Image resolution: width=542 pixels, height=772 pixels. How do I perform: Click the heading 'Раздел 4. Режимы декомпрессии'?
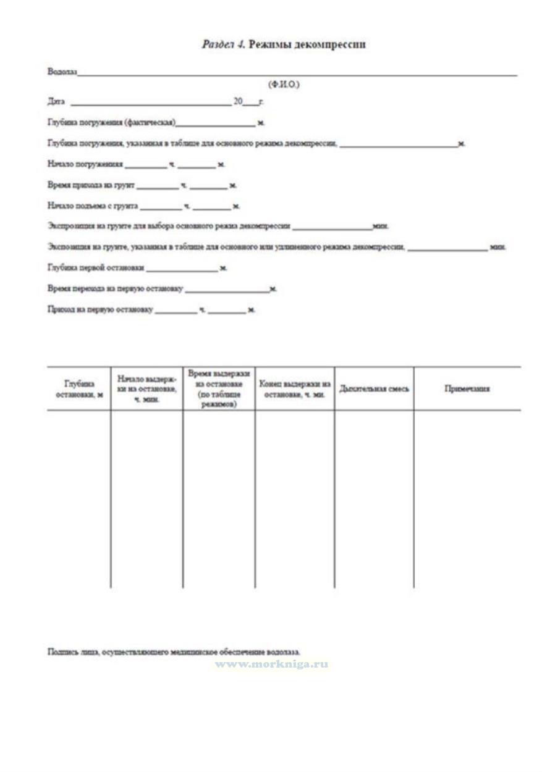point(285,45)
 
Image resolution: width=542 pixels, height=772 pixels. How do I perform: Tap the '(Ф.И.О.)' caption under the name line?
point(283,84)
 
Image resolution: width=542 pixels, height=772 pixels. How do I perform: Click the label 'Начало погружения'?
point(85,165)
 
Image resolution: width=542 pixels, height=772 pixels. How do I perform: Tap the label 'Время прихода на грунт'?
point(91,185)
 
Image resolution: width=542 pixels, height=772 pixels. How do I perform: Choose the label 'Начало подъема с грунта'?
point(93,206)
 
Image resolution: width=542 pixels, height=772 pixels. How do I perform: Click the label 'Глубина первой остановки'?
point(96,268)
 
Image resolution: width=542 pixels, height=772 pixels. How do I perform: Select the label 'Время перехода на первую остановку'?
point(115,288)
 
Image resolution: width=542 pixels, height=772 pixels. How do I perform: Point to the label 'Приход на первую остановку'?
point(100,309)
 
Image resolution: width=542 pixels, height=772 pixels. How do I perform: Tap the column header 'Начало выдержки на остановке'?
point(146,389)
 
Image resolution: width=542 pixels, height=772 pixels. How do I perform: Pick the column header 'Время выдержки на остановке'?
point(219,389)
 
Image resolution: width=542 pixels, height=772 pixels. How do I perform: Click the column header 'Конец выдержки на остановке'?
point(295,389)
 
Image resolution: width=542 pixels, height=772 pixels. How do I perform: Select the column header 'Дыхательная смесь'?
point(374,389)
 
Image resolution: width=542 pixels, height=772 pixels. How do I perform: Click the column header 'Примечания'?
point(467,389)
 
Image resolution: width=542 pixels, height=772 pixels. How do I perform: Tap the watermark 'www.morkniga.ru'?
point(272,665)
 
